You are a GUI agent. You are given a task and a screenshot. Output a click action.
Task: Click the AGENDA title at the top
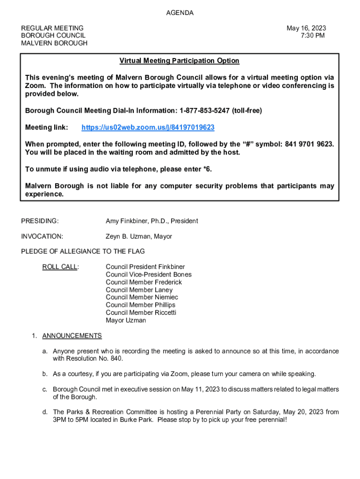tap(180, 13)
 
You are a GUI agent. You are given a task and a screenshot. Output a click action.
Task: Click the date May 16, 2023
tap(306, 28)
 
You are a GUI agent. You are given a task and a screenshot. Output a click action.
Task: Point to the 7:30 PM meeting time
tap(313, 36)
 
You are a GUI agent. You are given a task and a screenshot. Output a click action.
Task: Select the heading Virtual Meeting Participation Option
tap(179, 61)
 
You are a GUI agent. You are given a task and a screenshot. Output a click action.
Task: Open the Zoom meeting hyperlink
tap(148, 128)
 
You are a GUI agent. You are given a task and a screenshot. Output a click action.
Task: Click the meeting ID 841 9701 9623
tap(309, 144)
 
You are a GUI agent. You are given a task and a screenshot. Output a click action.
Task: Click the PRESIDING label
tap(40, 221)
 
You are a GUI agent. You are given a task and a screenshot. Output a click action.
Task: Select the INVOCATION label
tap(42, 237)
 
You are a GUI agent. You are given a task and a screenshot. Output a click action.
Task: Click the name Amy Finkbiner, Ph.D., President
tap(151, 221)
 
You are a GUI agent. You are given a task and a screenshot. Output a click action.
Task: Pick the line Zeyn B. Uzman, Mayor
tap(138, 237)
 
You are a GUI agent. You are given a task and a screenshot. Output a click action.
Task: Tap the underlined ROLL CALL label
tap(60, 267)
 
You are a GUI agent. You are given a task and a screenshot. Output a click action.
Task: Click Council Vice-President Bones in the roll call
tap(148, 275)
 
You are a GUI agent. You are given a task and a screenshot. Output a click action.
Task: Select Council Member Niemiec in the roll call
tap(142, 298)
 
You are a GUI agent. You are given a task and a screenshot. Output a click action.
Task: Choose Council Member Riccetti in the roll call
tap(141, 312)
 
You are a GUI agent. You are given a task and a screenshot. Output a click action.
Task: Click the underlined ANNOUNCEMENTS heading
tap(72, 336)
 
